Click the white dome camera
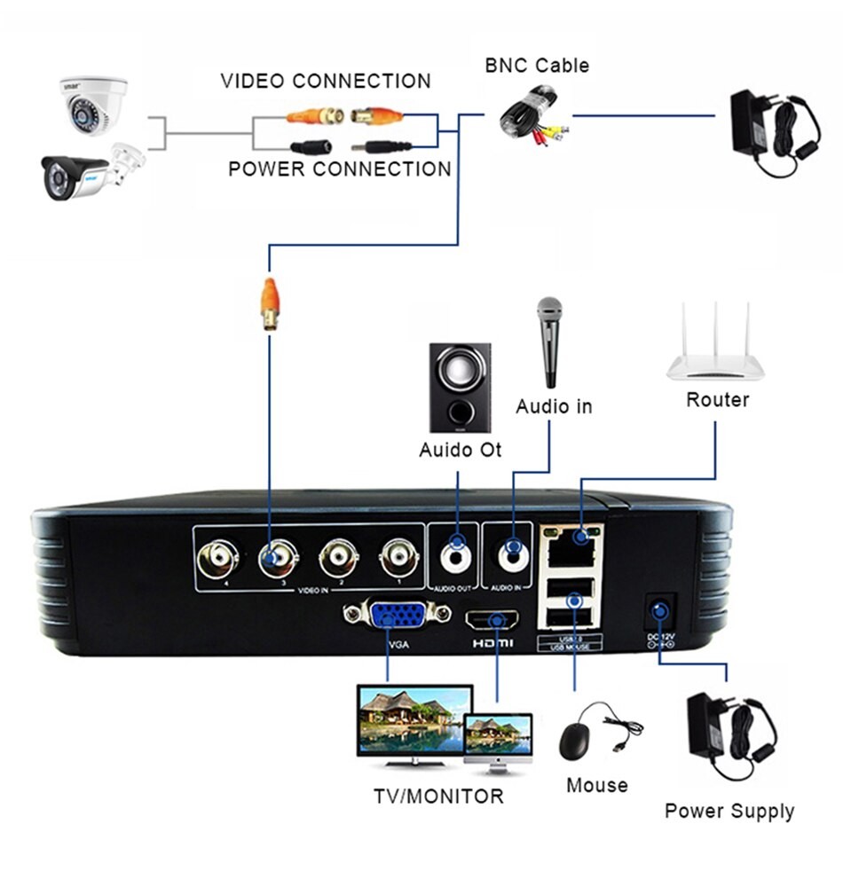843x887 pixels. [x=93, y=106]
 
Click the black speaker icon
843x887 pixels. [x=460, y=388]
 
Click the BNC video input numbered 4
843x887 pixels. [x=217, y=560]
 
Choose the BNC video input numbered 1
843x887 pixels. [x=398, y=560]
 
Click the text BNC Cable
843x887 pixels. [x=536, y=65]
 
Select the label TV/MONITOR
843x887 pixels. [x=438, y=796]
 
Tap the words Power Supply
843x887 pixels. [x=729, y=811]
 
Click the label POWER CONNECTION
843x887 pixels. [x=340, y=169]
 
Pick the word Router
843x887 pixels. [x=717, y=400]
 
